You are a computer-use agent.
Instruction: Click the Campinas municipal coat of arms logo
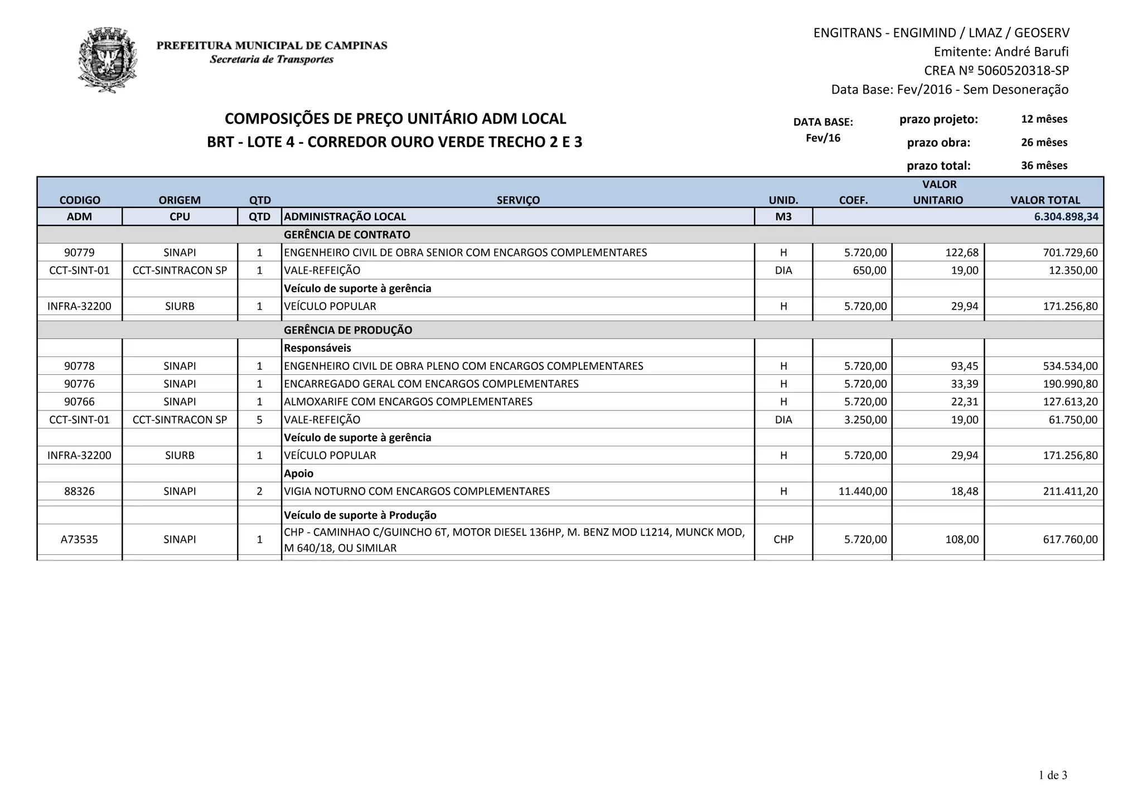107,60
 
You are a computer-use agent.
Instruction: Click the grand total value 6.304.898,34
1066,216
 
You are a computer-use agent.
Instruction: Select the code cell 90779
79,253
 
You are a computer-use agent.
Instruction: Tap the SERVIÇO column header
518,200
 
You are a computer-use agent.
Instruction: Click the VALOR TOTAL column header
1044,200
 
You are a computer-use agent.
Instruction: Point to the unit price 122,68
962,253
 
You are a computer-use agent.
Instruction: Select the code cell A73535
79,539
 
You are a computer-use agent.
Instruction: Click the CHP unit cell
783,539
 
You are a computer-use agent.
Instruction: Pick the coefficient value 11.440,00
862,491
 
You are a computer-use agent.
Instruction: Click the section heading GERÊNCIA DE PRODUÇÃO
348,330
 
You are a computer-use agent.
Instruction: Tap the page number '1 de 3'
1052,775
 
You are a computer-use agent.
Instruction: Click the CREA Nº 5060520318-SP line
996,71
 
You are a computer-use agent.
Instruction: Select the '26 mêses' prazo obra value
1044,142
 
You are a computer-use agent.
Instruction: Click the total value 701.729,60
1070,253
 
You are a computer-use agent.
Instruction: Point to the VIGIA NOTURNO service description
417,491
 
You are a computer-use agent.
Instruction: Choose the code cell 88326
79,491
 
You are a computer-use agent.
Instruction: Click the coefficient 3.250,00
865,420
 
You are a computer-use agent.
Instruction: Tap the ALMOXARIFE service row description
408,402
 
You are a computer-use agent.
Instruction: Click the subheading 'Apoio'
299,473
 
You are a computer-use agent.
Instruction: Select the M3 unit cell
783,216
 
